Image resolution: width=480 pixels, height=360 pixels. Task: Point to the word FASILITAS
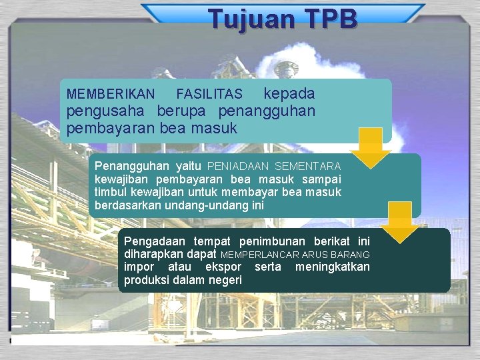209,95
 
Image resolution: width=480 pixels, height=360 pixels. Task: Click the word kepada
289,93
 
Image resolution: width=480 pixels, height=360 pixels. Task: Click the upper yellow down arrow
370,147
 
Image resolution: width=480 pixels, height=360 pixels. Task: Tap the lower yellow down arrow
400,222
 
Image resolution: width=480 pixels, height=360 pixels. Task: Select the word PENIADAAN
238,166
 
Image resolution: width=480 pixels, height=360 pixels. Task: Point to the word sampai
321,179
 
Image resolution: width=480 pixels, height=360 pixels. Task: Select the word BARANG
350,255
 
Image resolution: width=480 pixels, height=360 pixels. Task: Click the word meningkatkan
332,267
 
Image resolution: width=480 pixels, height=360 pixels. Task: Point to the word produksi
147,281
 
